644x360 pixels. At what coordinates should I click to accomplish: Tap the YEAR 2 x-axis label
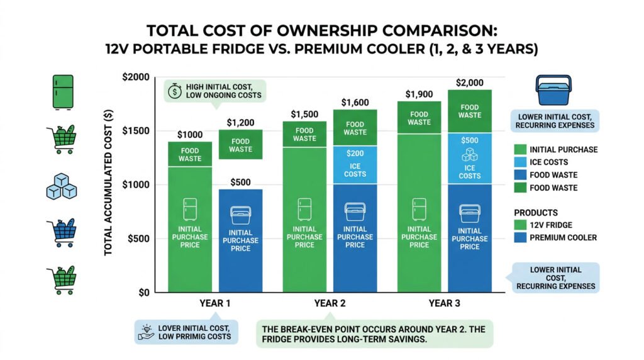pyautogui.click(x=330, y=303)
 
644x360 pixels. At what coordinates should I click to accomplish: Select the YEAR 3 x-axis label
pyautogui.click(x=444, y=303)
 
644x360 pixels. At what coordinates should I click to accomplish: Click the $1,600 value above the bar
pyautogui.click(x=355, y=102)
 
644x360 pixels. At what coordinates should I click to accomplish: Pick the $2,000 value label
pyautogui.click(x=469, y=82)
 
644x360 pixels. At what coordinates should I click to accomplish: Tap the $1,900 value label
pyautogui.click(x=419, y=94)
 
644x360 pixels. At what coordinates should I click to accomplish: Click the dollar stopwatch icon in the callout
pyautogui.click(x=174, y=92)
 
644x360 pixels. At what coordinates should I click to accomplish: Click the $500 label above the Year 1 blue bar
pyautogui.click(x=240, y=183)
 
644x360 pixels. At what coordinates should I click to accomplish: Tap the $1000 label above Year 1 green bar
pyautogui.click(x=190, y=134)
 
